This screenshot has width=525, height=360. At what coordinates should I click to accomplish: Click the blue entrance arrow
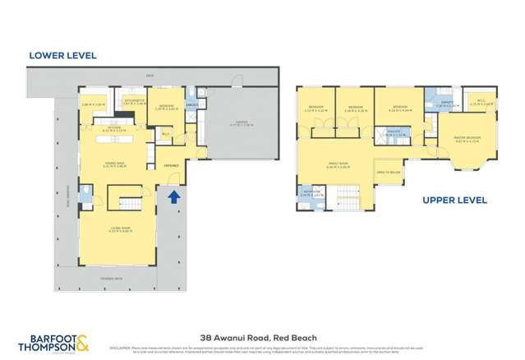173,197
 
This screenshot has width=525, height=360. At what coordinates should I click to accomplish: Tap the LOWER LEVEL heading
62,56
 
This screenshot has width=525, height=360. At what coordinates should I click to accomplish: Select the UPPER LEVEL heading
454,200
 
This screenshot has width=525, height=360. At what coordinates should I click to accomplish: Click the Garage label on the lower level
241,121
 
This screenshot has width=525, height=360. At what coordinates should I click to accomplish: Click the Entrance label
172,165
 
